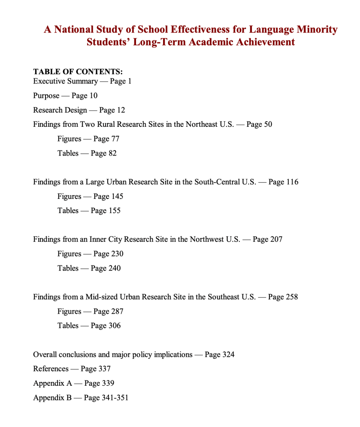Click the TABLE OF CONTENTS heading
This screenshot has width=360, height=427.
[x=78, y=71]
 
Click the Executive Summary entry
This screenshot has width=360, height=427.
[x=65, y=81]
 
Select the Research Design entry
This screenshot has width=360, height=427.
[x=60, y=110]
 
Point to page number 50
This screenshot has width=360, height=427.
[x=267, y=124]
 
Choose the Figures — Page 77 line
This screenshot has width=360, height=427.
[x=88, y=139]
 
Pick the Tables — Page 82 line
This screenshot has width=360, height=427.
[x=87, y=153]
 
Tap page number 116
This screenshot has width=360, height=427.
[x=292, y=182]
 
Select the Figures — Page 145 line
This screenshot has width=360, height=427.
[x=90, y=196]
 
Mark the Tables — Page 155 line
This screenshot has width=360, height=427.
[x=89, y=211]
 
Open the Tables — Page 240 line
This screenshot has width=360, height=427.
[x=89, y=268]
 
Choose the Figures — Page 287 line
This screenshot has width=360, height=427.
[x=90, y=311]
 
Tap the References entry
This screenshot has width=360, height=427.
[x=50, y=369]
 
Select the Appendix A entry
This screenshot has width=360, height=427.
[x=53, y=383]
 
